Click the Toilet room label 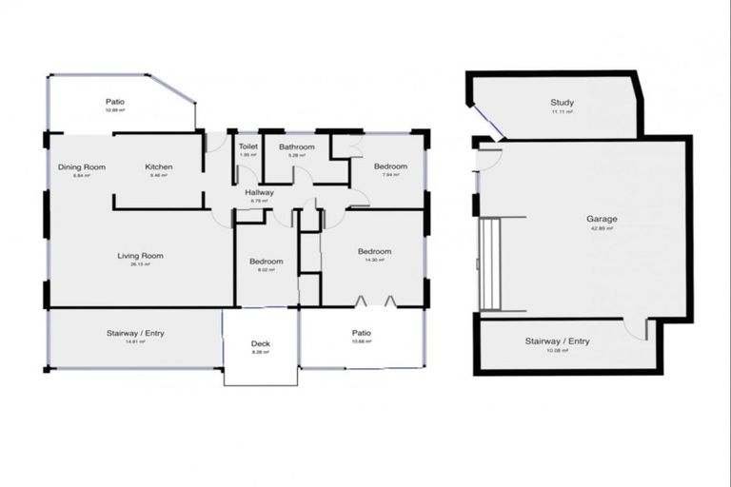pos(248,147)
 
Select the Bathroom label pos(296,147)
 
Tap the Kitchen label pos(158,167)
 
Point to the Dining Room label pos(81,167)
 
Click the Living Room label pos(140,255)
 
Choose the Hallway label pos(260,192)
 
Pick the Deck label pos(261,343)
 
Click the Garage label pos(602,219)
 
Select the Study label pos(562,103)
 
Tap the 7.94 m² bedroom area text pos(394,176)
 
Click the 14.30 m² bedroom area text pos(374,261)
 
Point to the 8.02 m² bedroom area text pos(266,270)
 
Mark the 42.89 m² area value pos(602,228)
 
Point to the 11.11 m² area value pos(562,112)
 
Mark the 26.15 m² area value pos(140,264)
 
